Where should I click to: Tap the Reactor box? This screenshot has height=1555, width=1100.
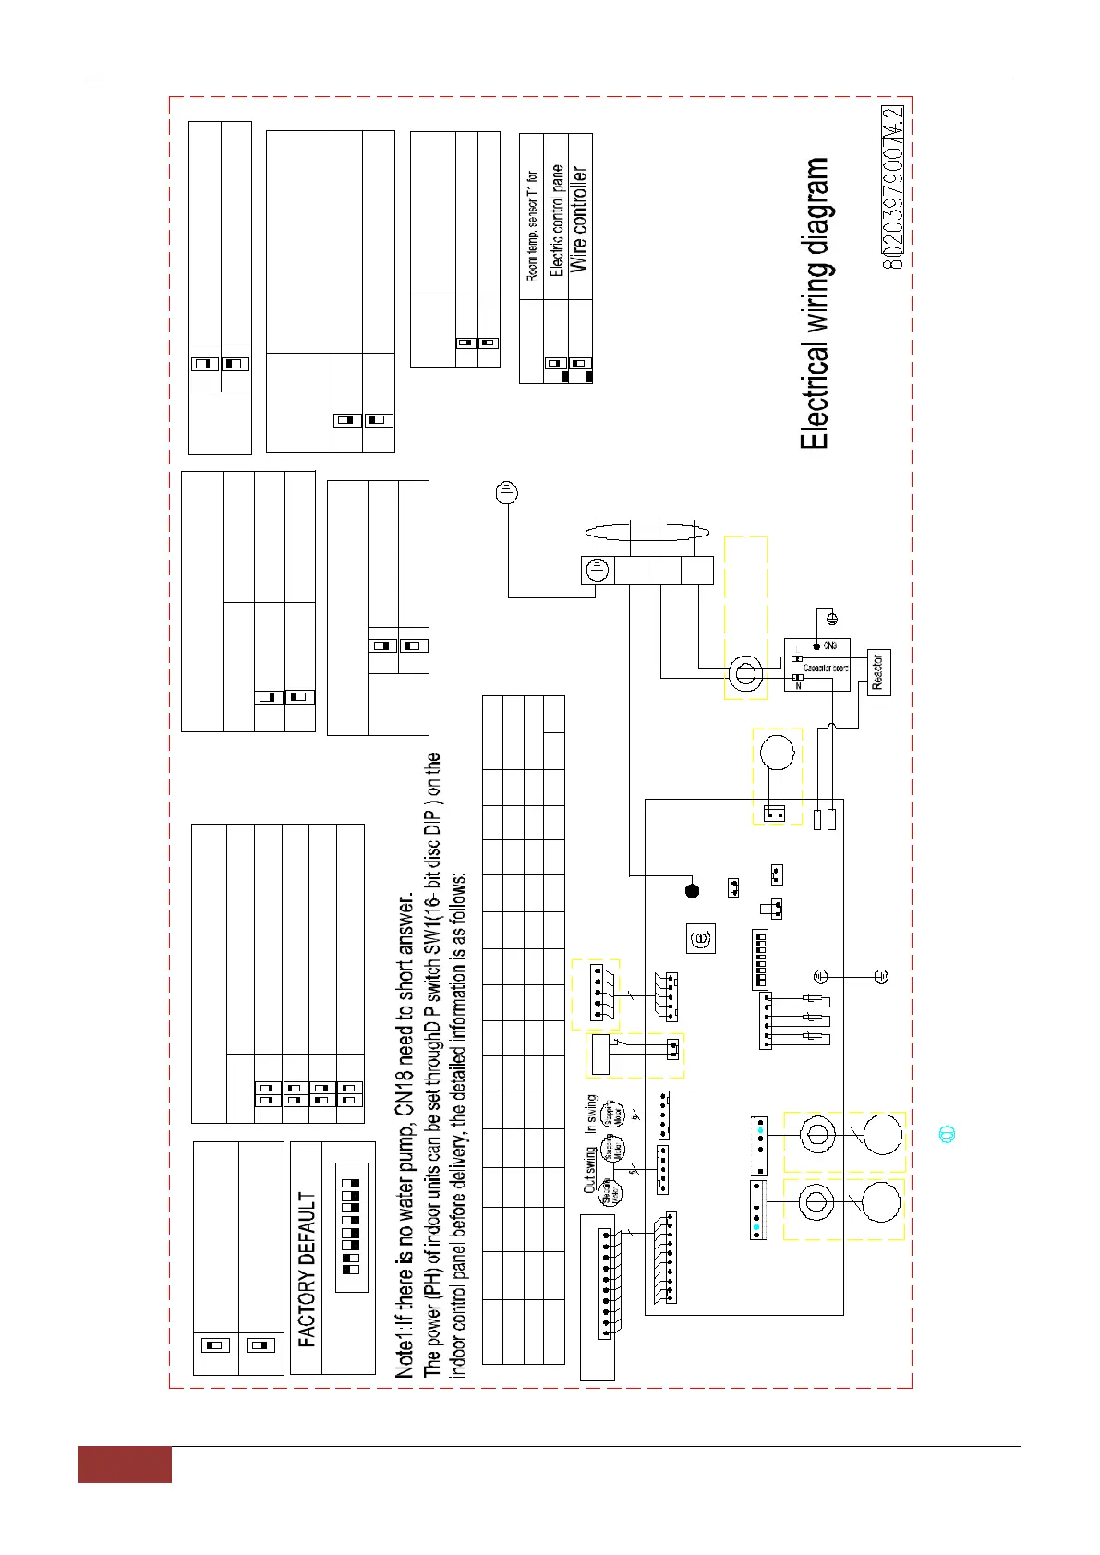point(878,673)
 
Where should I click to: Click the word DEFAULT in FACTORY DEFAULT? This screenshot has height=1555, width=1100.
point(308,1231)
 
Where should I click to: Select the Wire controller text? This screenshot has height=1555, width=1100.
point(579,219)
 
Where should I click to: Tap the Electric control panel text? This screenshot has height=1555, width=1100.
point(556,220)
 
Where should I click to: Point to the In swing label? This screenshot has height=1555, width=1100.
point(590,1114)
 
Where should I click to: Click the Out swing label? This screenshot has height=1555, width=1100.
point(589,1170)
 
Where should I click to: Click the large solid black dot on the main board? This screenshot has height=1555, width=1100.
point(693,890)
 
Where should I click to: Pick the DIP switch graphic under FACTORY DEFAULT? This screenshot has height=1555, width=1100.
point(352,1224)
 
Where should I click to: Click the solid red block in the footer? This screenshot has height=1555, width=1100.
point(124,1465)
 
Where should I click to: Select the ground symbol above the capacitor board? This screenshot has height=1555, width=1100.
point(829,620)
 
